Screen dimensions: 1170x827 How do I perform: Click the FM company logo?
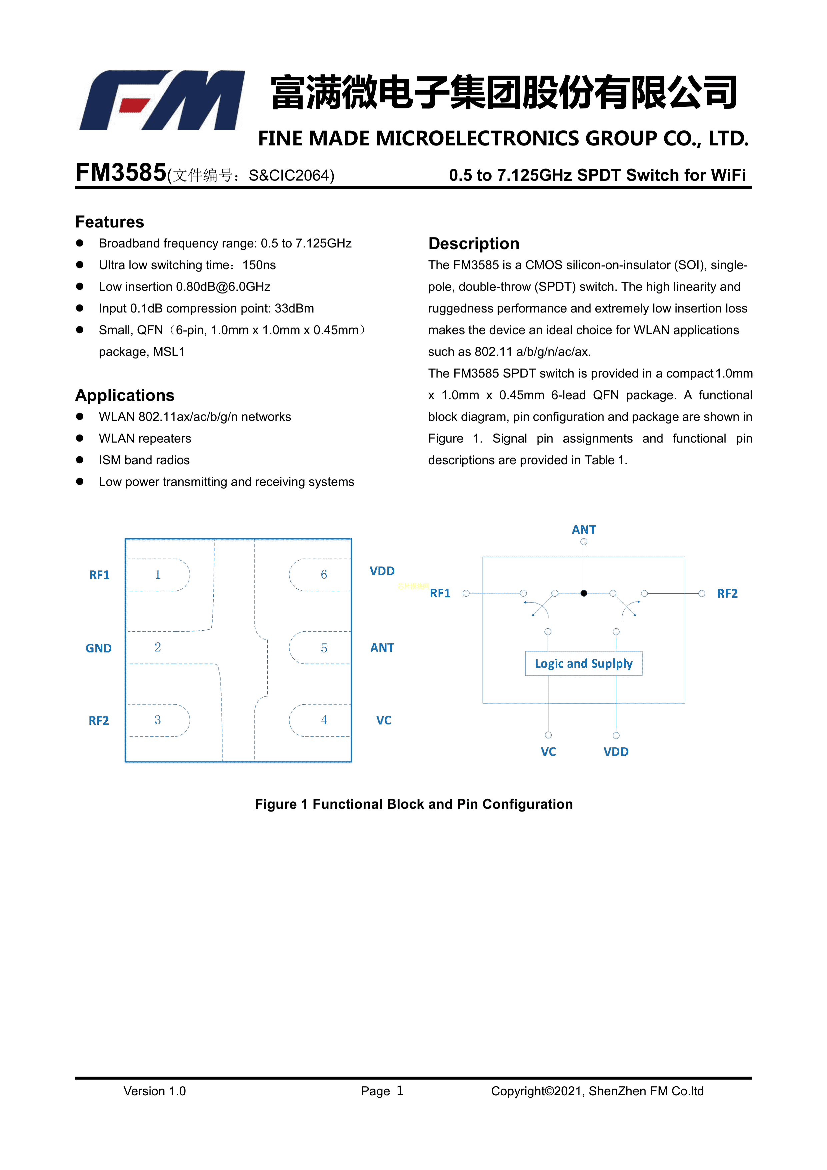pos(162,100)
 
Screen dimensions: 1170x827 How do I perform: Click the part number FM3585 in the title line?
pos(121,173)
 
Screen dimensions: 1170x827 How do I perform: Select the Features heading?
pos(109,222)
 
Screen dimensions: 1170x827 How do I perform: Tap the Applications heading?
pos(125,396)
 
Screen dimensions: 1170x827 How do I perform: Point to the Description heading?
pos(474,243)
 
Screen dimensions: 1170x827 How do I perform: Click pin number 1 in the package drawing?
pos(158,575)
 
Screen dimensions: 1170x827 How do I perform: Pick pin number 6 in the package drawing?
pos(324,575)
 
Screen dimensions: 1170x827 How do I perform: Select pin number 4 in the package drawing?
pos(324,720)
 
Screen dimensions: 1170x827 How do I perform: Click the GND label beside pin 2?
pos(99,648)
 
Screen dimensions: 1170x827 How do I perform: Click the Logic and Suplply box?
pos(584,663)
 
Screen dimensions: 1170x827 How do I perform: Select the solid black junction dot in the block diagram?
pos(584,593)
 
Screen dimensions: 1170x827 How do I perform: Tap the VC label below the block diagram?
pos(548,752)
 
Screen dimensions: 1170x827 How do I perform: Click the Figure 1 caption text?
pos(413,804)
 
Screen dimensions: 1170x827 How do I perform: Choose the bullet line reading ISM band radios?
pos(144,460)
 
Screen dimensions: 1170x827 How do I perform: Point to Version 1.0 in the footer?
pos(154,1091)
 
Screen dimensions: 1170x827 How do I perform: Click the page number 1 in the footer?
pos(400,1091)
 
